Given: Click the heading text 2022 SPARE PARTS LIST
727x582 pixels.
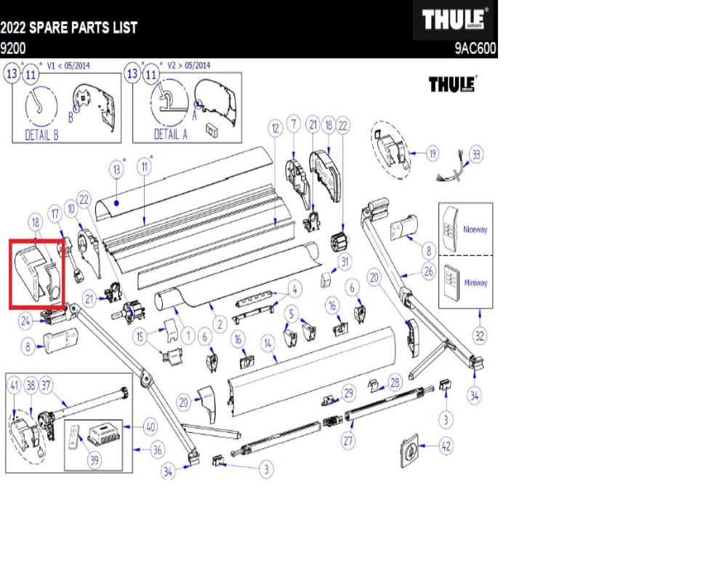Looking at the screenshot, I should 69,28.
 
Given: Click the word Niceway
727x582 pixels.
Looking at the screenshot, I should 475,229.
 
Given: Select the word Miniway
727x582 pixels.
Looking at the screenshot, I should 475,283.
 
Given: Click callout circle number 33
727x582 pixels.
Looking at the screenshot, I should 476,154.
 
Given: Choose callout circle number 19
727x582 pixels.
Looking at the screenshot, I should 433,154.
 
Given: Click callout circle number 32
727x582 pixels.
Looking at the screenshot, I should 481,335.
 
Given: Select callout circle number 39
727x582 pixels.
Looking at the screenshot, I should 95,461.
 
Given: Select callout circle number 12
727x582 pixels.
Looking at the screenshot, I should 275,129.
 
